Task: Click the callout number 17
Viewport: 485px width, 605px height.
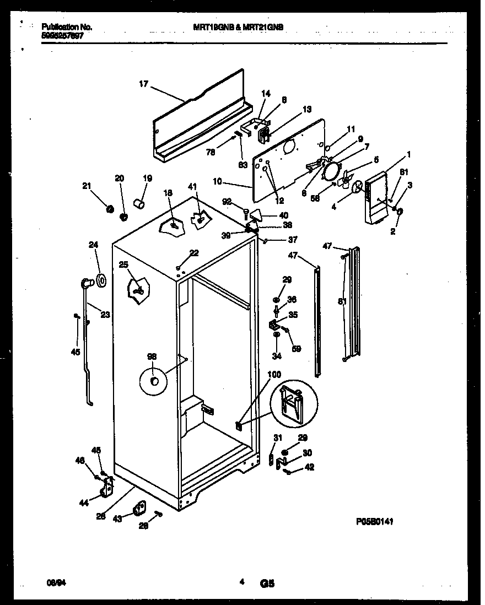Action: click(143, 84)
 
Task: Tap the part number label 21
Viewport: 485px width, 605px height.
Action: click(86, 186)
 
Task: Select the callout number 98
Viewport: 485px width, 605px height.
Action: click(152, 356)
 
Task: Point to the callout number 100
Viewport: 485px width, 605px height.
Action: click(274, 375)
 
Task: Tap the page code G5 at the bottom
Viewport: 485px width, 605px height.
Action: click(267, 582)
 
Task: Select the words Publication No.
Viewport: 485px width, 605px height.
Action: click(67, 26)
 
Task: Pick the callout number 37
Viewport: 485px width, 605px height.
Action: click(293, 240)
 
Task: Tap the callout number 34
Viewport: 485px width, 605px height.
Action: click(277, 356)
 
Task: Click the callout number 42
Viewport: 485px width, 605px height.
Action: click(310, 467)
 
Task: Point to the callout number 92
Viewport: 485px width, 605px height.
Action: click(227, 202)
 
